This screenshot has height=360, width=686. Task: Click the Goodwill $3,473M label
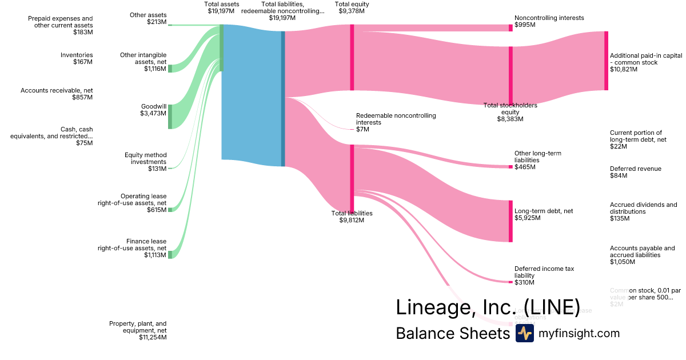(x=153, y=110)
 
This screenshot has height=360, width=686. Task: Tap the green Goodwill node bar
(x=170, y=117)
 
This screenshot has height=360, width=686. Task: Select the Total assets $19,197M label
(x=223, y=7)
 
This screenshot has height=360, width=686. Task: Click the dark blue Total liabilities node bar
(x=282, y=98)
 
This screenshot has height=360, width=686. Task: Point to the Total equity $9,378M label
(x=352, y=7)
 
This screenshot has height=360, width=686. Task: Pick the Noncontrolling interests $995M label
(x=549, y=21)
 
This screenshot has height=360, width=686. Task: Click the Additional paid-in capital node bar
(x=606, y=61)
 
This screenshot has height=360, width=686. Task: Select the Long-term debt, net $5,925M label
(x=544, y=214)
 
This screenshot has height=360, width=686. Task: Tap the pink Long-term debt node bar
(x=510, y=221)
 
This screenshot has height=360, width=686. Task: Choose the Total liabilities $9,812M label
(x=352, y=217)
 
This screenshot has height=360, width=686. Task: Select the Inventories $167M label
(x=77, y=58)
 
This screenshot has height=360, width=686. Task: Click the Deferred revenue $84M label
(x=635, y=172)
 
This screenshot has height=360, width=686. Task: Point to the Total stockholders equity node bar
(x=510, y=75)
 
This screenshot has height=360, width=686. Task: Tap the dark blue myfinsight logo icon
(x=524, y=333)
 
